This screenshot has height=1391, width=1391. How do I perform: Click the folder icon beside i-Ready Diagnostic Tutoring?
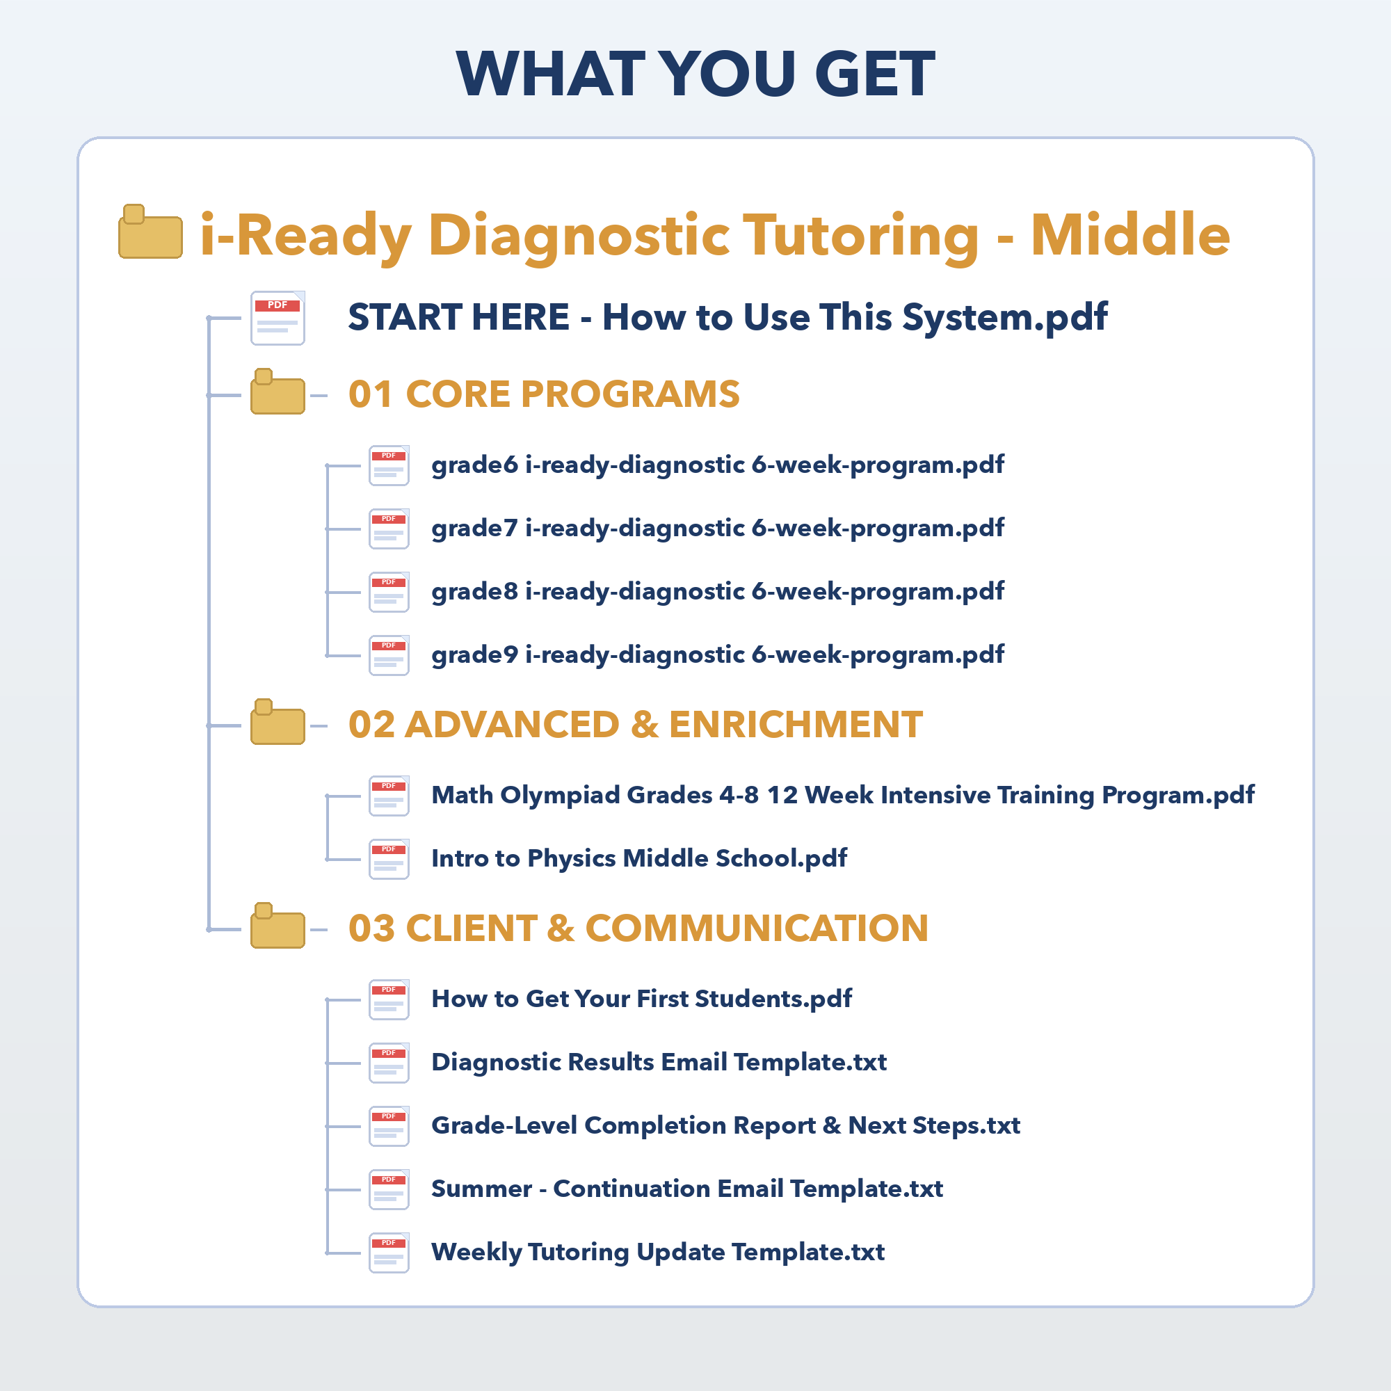(x=150, y=232)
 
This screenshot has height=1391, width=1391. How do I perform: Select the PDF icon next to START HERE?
(x=278, y=318)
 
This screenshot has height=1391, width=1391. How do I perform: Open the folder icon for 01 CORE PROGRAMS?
(x=278, y=392)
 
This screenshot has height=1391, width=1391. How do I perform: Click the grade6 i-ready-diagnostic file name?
(x=718, y=465)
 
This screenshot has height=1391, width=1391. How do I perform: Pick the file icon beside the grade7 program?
(x=389, y=529)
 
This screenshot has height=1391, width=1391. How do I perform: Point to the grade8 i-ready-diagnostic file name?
(x=718, y=592)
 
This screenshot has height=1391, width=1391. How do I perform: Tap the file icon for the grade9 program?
(x=389, y=656)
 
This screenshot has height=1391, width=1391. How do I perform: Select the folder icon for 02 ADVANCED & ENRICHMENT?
(x=278, y=721)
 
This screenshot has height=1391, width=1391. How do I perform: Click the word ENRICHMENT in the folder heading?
(x=796, y=724)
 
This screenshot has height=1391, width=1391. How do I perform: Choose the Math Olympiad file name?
(x=843, y=795)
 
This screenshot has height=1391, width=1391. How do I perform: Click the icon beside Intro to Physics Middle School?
(x=389, y=860)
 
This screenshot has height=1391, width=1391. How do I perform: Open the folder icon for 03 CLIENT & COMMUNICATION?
(x=278, y=925)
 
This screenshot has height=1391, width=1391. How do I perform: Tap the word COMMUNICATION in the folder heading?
(x=757, y=928)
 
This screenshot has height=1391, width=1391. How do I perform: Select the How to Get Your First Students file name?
(x=641, y=999)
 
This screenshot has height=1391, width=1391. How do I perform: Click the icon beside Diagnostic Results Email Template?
(x=389, y=1063)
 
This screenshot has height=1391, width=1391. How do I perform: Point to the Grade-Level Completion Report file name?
(x=725, y=1126)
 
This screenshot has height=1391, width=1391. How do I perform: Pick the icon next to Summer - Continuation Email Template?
(x=389, y=1190)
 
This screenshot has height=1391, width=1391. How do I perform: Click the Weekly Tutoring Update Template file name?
(x=658, y=1253)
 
